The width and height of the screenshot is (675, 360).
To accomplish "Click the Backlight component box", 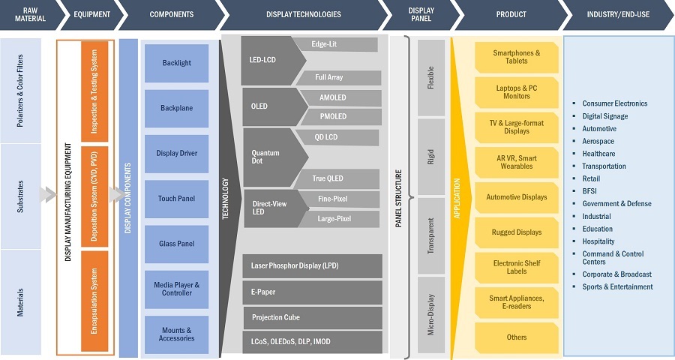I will [176, 63].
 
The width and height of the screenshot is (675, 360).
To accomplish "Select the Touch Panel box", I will [176, 199].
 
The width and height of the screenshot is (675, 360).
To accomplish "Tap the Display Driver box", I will [176, 153].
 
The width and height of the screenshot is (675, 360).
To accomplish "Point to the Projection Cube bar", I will [312, 317].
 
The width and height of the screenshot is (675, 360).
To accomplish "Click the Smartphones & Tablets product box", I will [517, 57].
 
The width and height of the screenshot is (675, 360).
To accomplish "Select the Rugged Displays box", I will [517, 232].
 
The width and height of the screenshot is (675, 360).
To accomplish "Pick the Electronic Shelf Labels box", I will [517, 268].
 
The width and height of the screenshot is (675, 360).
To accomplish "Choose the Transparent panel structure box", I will [430, 235].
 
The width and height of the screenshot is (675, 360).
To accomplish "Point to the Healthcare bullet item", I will [598, 154].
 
